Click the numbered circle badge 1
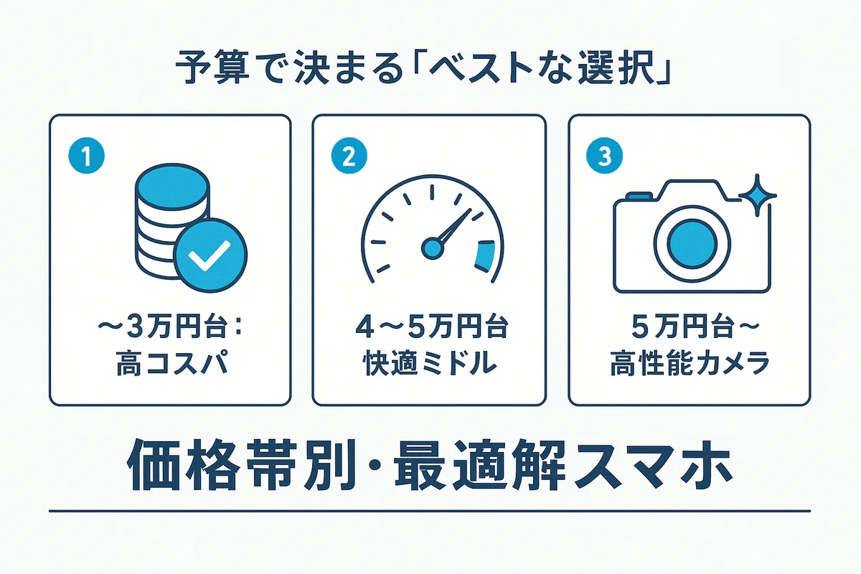click(87, 156)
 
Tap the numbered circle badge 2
click(349, 156)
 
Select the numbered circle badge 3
click(604, 156)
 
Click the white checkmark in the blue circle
click(210, 256)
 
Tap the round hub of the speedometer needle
click(433, 248)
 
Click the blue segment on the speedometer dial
click(485, 255)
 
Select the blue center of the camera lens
click(692, 244)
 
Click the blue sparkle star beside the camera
click(757, 195)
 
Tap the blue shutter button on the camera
click(639, 196)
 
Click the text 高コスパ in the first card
click(171, 362)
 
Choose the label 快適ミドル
click(430, 362)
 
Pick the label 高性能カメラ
click(690, 362)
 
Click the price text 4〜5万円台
click(432, 327)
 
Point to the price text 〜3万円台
click(161, 327)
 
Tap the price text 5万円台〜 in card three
click(695, 327)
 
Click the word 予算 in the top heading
click(212, 71)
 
